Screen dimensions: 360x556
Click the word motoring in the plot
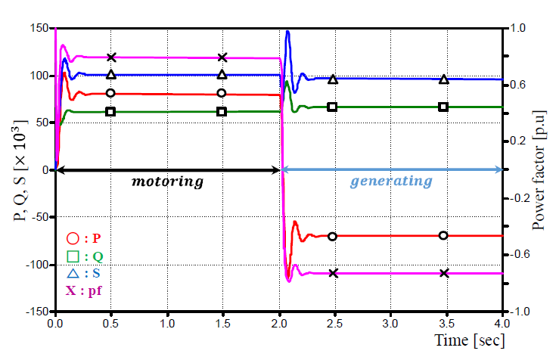click(168, 182)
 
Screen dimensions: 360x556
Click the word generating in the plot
click(392, 182)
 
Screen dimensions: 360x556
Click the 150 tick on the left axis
click(39, 29)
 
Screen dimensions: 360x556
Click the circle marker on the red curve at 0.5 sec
click(111, 93)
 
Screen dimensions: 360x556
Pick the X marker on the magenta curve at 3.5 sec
click(444, 272)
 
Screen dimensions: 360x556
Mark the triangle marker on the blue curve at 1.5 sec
click(222, 74)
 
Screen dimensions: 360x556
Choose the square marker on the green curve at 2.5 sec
click(332, 107)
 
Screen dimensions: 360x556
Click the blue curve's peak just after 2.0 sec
click(287, 32)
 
